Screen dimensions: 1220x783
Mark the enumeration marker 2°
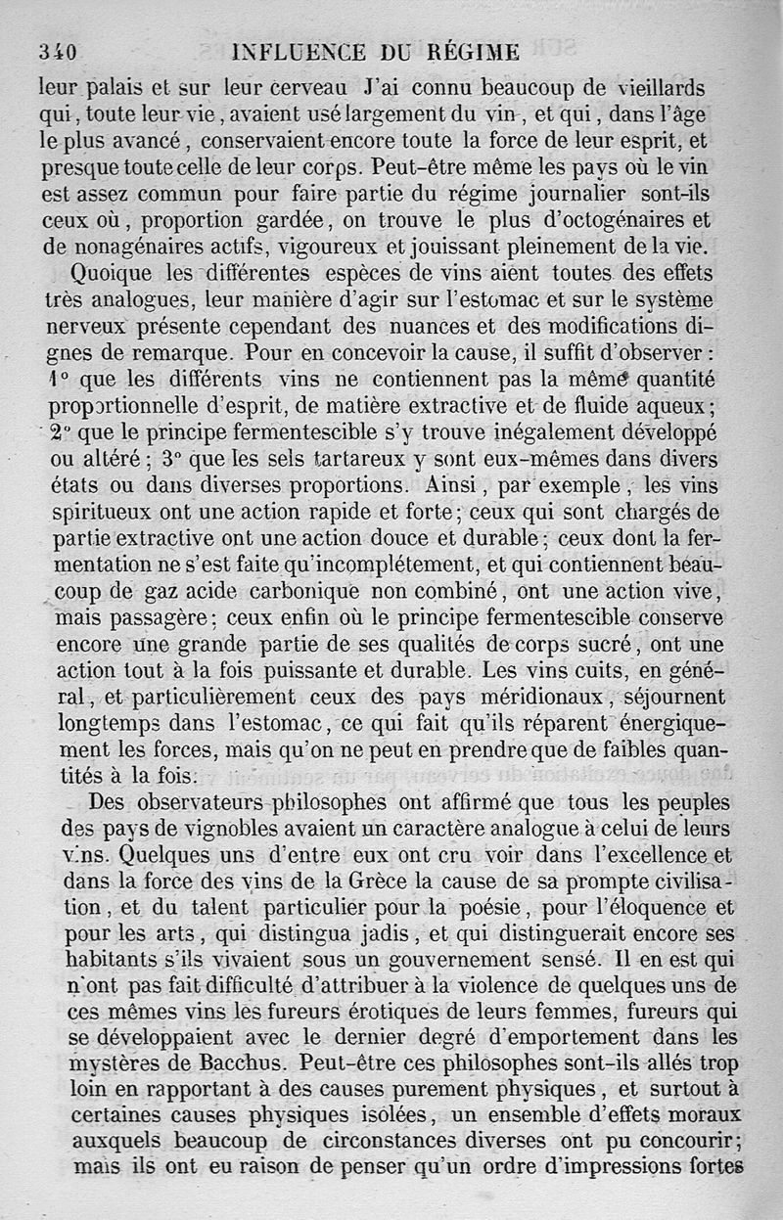62,432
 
